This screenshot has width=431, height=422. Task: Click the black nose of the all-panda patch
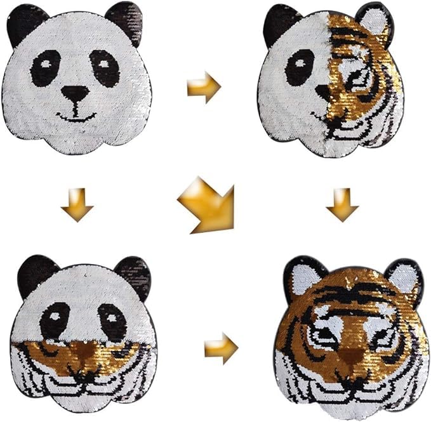click(75, 95)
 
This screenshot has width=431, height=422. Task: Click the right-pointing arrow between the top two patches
click(204, 87)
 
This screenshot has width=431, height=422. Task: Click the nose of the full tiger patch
click(350, 357)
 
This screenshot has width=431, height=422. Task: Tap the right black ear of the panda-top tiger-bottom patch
click(133, 275)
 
